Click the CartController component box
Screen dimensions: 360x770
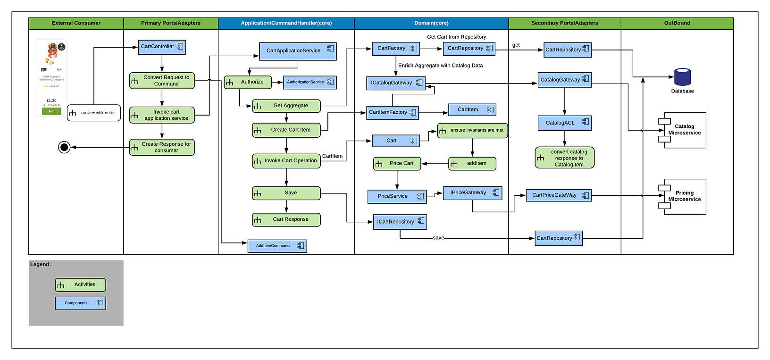click(161, 47)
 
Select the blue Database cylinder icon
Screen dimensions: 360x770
click(682, 77)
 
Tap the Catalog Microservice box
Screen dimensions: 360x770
click(685, 130)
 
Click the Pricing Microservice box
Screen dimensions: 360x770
click(685, 196)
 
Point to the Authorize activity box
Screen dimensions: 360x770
click(248, 82)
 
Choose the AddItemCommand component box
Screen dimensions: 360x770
click(277, 246)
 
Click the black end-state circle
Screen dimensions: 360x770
click(64, 147)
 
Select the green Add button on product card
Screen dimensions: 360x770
click(51, 111)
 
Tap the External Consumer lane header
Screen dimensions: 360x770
click(76, 23)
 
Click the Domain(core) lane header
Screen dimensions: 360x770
click(431, 23)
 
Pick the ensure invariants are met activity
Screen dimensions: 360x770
click(472, 130)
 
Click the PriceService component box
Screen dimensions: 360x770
click(397, 196)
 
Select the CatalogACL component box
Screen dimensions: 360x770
click(564, 123)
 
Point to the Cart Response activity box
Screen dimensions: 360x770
click(286, 219)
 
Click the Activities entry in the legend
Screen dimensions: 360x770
click(81, 285)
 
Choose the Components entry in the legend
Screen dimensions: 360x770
click(81, 303)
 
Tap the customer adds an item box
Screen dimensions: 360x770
click(94, 113)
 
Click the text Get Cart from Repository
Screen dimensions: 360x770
click(456, 37)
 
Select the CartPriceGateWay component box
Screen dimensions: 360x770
click(559, 195)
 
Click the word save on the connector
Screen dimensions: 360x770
click(438, 238)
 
